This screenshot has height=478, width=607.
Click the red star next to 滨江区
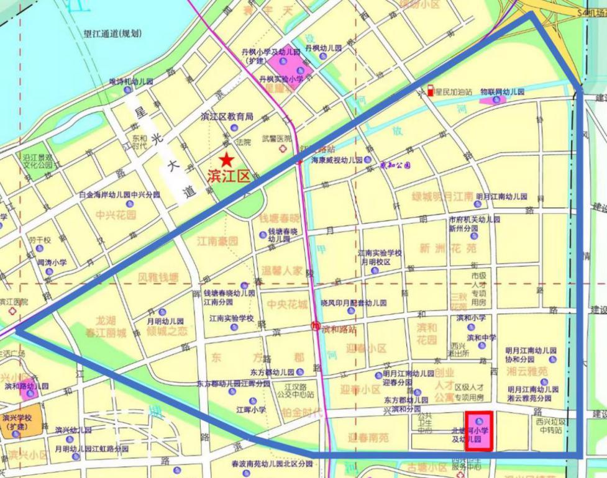click(x=228, y=160)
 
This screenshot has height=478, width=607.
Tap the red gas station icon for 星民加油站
click(x=430, y=91)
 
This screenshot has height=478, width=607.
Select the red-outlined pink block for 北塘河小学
click(x=479, y=431)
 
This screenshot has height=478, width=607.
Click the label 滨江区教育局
click(x=227, y=116)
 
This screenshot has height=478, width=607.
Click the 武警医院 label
click(x=276, y=139)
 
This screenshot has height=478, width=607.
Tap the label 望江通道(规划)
click(x=112, y=34)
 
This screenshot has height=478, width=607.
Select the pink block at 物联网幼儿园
click(x=495, y=100)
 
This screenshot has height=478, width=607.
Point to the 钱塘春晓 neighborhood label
click(x=280, y=219)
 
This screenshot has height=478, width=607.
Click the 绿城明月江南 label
click(x=442, y=197)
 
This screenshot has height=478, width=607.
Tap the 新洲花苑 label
click(x=447, y=248)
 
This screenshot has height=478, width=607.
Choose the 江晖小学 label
click(x=251, y=410)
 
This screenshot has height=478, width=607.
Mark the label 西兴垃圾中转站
click(x=550, y=425)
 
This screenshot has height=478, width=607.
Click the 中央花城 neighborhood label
click(x=287, y=304)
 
